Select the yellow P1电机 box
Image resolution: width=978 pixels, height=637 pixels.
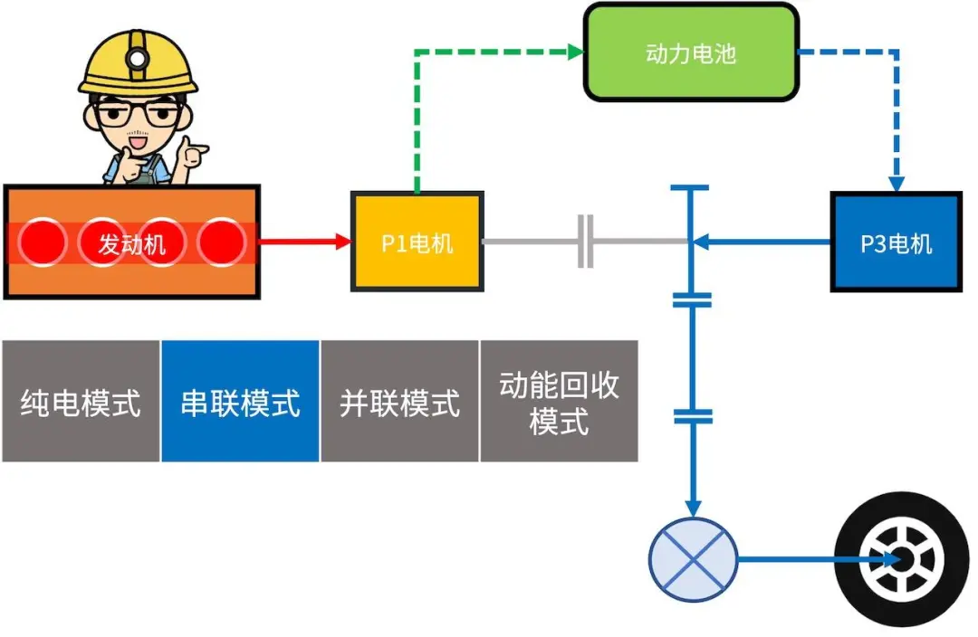[417, 242]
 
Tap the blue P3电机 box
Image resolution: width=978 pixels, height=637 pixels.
[896, 242]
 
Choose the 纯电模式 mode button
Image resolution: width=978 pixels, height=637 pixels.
[81, 401]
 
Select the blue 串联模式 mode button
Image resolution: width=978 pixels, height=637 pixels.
[240, 401]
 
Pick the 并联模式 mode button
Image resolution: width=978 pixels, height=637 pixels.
[399, 401]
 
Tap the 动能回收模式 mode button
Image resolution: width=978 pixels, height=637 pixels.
[559, 401]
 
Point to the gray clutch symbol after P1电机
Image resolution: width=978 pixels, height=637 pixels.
[586, 242]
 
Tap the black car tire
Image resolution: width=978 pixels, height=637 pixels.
[901, 560]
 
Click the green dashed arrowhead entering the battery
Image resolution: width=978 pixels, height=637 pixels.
[576, 52]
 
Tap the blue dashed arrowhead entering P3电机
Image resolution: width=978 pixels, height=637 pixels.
[896, 184]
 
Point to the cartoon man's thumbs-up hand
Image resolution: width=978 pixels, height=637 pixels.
[192, 154]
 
